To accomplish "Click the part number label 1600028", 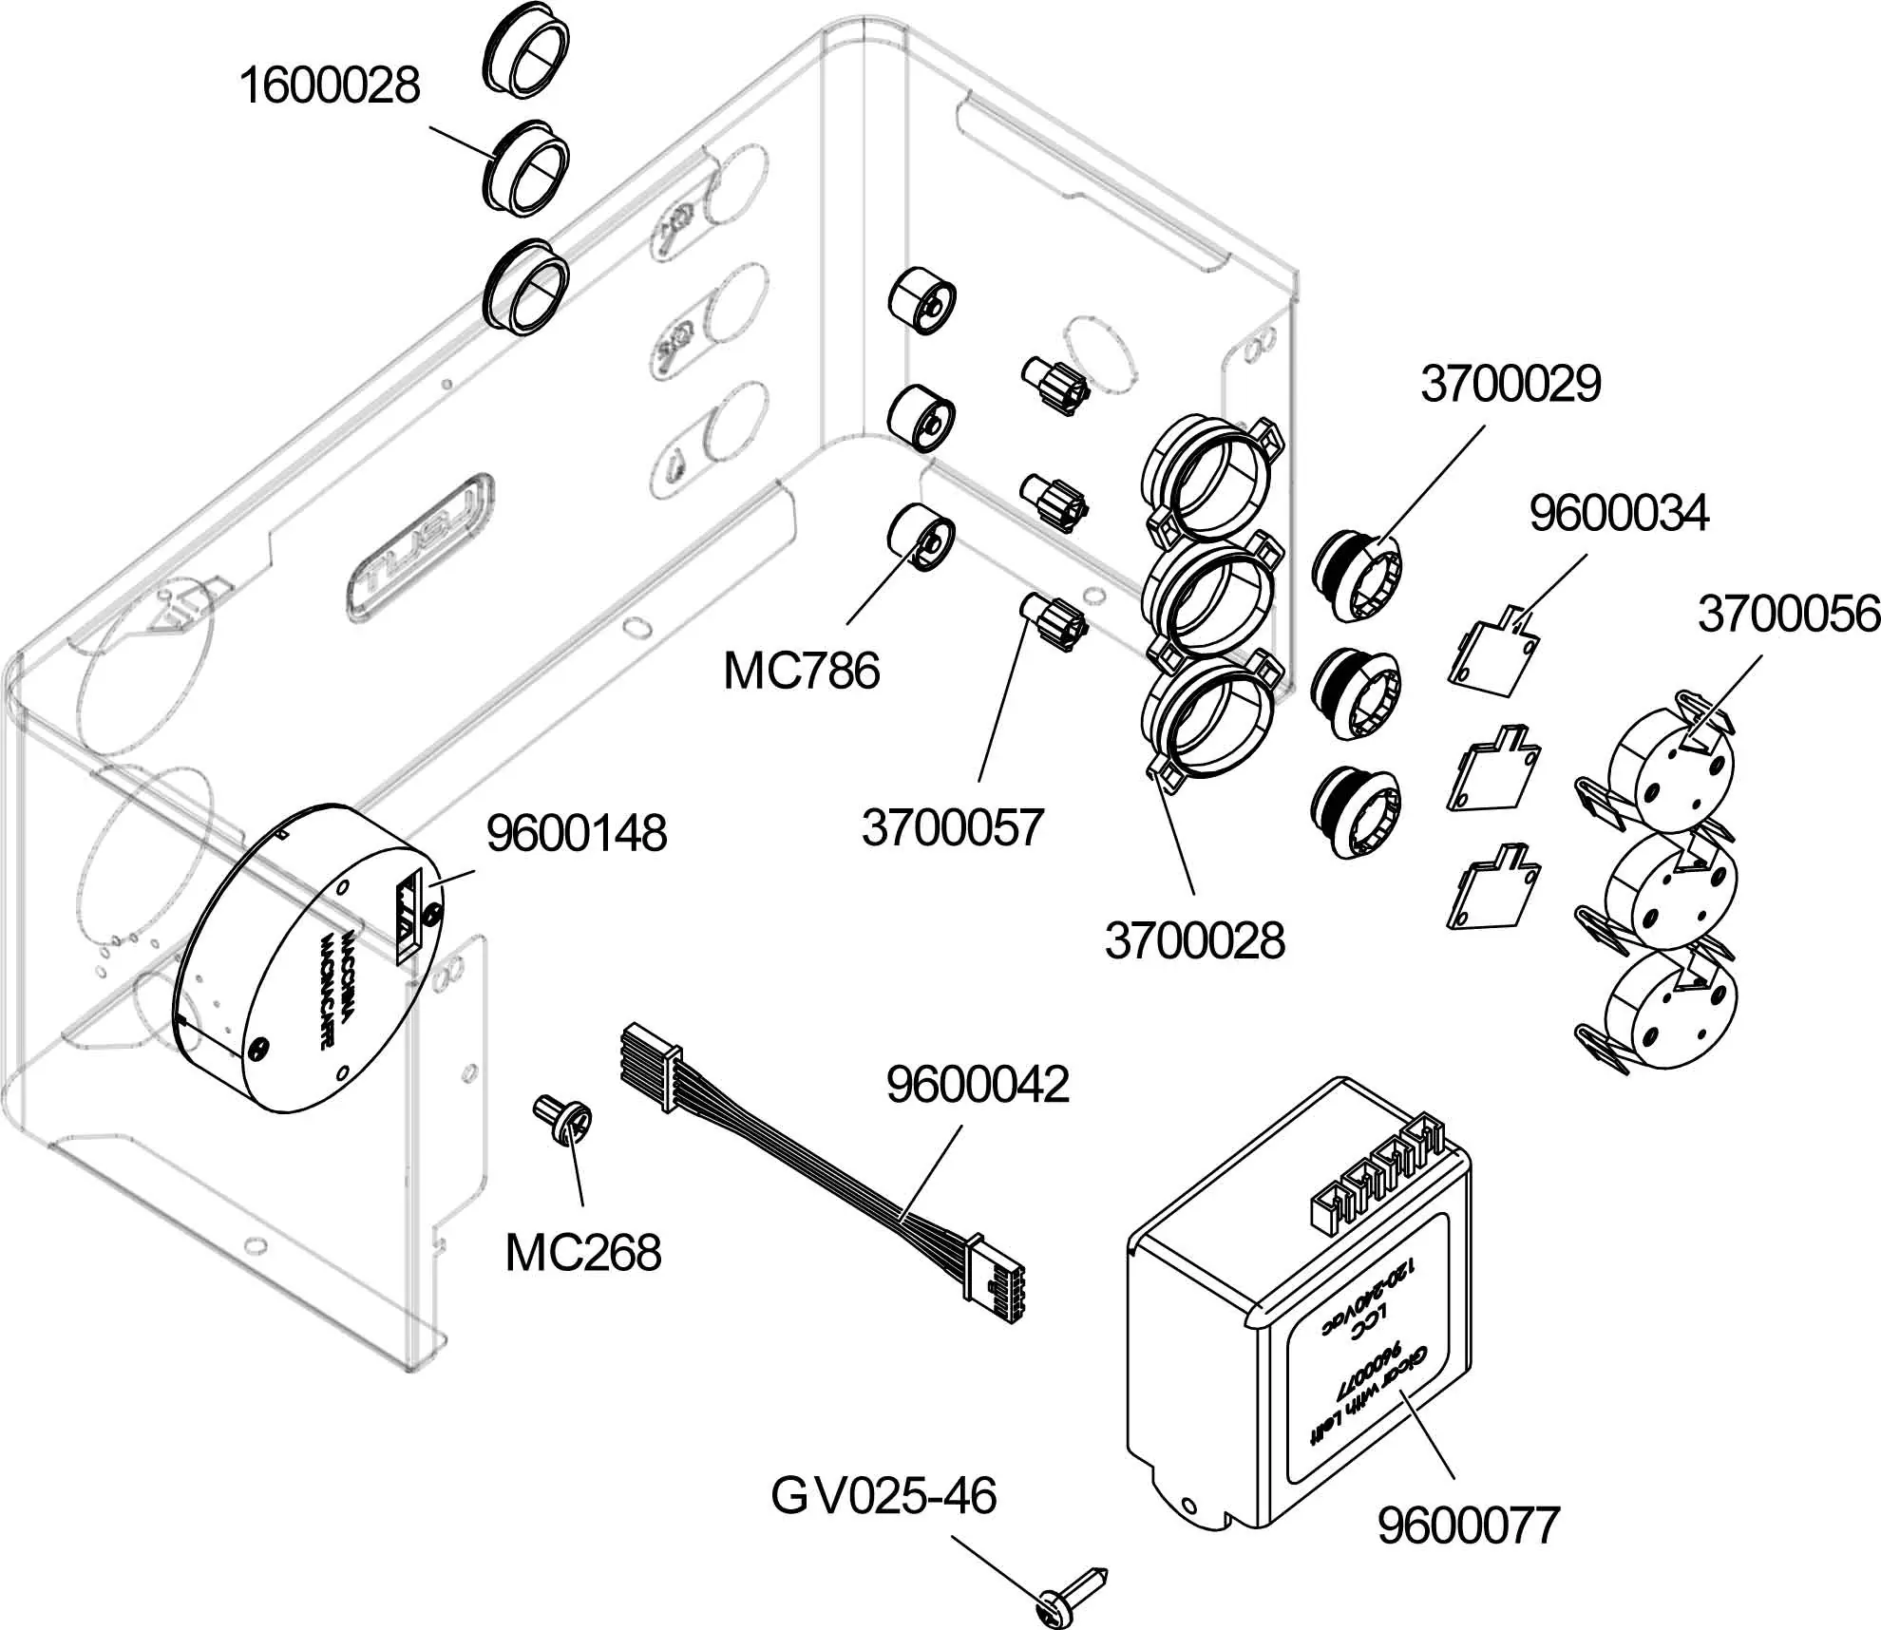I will pos(329,85).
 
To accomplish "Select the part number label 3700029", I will pos(1510,384).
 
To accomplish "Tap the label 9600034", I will pos(1619,514).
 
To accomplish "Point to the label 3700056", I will pos(1789,615).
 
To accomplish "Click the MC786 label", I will pos(801,672).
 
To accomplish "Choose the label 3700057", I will pos(953,827).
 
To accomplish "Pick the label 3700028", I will pos(1194,941).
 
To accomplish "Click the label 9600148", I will pos(577,834).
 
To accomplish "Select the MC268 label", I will pos(582,1253).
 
